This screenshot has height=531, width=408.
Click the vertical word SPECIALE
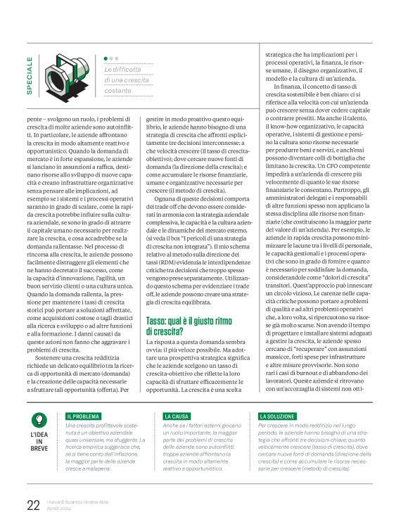click(30, 76)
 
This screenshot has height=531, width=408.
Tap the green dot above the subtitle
click(106, 59)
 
